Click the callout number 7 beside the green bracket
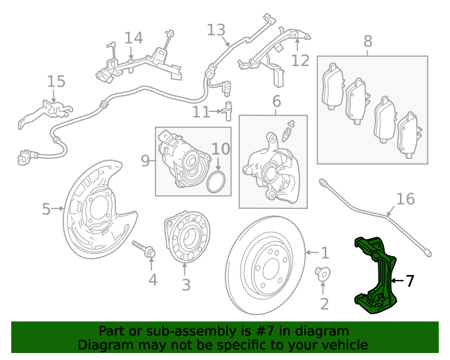point(409,281)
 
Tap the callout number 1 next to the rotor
point(324,252)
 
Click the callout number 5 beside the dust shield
point(46,209)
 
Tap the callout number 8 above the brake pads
point(368,41)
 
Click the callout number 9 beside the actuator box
point(146,161)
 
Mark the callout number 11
point(201,111)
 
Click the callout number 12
point(300,60)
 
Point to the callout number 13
point(216,30)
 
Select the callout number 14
point(133,38)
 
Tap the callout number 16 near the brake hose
point(406,199)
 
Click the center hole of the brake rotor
point(266,268)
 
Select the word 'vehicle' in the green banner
point(342,345)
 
